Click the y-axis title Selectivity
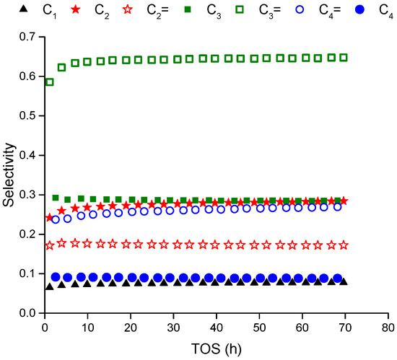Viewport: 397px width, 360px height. pos(9,175)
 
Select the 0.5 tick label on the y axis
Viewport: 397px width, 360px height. pos(27,115)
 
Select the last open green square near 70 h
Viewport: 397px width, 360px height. pos(344,57)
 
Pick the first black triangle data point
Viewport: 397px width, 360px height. pos(50,286)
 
